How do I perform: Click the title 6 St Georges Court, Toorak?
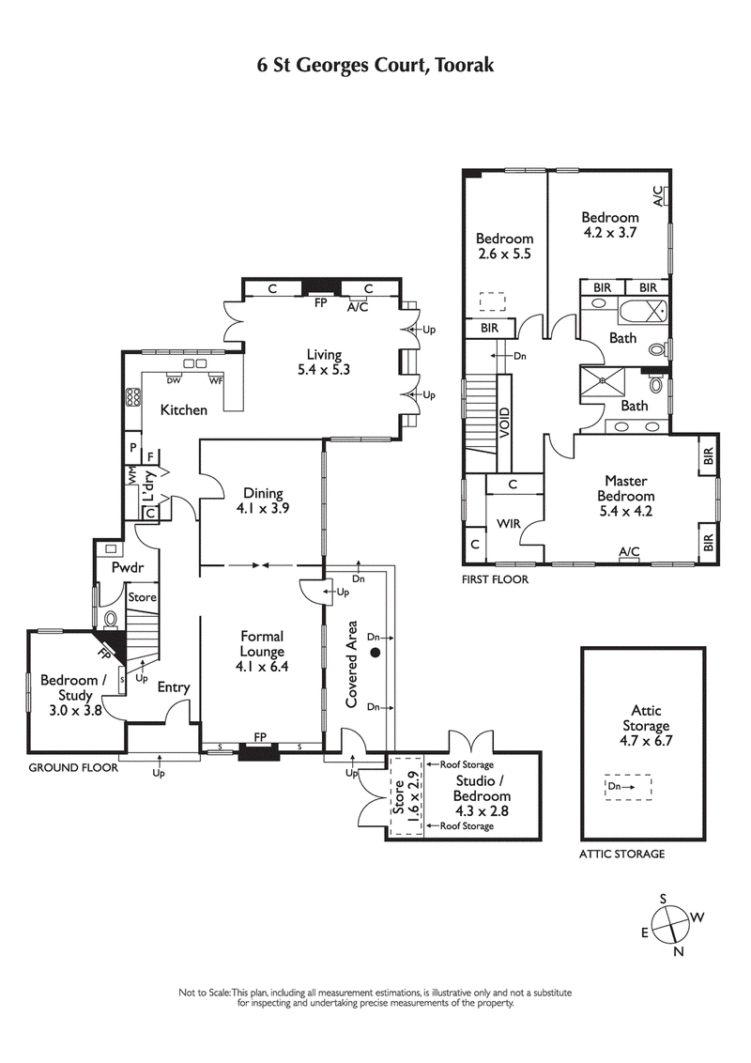[375, 65]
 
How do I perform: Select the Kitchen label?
[183, 410]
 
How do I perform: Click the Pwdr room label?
[126, 568]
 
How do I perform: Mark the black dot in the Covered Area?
[374, 653]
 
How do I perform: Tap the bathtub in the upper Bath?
[643, 309]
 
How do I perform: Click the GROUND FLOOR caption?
[73, 767]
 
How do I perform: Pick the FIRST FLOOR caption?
[494, 579]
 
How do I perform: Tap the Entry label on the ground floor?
[174, 687]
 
